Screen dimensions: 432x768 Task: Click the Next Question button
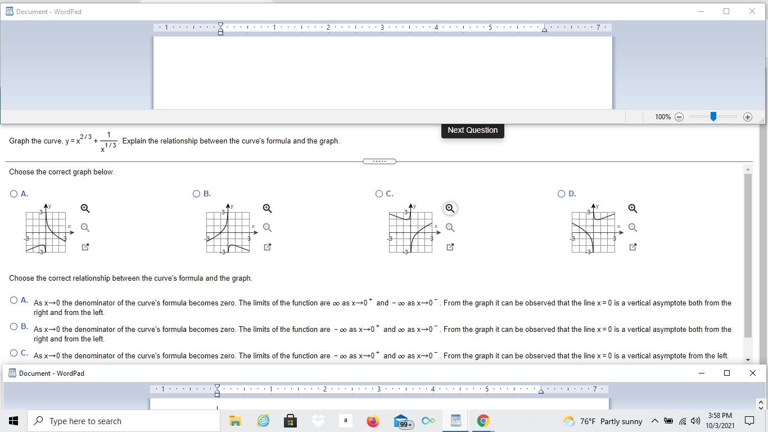(x=472, y=130)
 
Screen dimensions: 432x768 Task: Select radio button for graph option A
(x=13, y=193)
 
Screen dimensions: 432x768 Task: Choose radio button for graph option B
(x=196, y=193)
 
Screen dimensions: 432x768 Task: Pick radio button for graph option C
(x=379, y=193)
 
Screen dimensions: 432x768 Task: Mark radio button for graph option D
(x=562, y=193)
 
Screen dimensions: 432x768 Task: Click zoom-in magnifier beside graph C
(x=450, y=209)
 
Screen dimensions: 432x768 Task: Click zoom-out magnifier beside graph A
(x=85, y=227)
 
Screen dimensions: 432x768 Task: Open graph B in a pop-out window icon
(x=268, y=247)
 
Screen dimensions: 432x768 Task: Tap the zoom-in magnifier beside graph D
(x=633, y=209)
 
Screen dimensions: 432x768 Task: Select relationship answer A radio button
(x=13, y=300)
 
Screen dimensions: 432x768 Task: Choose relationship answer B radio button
(x=13, y=326)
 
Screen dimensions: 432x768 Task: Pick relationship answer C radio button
(x=13, y=353)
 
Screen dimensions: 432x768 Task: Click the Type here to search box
(x=124, y=421)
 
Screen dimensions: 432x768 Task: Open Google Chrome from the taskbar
(x=483, y=421)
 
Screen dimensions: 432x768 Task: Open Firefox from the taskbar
(x=373, y=421)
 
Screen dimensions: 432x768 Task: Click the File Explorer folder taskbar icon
(x=236, y=421)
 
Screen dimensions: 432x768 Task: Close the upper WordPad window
(x=752, y=11)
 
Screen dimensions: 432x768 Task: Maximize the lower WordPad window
(x=727, y=373)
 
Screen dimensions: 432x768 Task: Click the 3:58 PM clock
(x=720, y=421)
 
